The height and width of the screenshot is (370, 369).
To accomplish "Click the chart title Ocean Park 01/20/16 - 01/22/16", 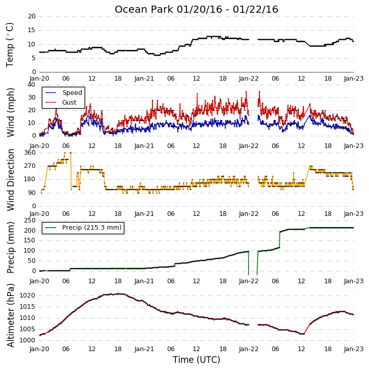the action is click(196, 9).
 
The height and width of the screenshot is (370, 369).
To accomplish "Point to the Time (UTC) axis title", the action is click(196, 360).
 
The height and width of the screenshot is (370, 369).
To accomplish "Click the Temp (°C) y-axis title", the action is click(10, 45).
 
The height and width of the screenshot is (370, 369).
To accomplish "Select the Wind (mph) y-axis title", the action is click(10, 112).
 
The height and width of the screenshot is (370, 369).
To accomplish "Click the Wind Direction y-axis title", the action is click(10, 180).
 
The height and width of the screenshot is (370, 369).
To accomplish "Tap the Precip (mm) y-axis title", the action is click(10, 248).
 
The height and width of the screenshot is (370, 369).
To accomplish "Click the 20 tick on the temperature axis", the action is click(32, 16).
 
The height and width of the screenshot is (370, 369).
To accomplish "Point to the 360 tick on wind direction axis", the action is click(30, 153).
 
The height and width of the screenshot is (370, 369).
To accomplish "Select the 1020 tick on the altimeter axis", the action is click(27, 295).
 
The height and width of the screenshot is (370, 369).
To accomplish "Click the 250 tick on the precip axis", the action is click(30, 220).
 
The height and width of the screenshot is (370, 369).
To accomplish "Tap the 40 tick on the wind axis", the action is click(31, 85).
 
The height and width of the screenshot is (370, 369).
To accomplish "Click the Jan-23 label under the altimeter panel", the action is click(353, 349).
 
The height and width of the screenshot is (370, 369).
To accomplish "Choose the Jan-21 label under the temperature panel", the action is click(144, 79).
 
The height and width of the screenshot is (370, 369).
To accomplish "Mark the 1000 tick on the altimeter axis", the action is click(27, 340).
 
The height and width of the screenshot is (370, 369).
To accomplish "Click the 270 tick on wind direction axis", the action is click(30, 166).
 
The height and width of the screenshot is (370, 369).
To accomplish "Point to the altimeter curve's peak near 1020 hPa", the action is click(119, 294).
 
